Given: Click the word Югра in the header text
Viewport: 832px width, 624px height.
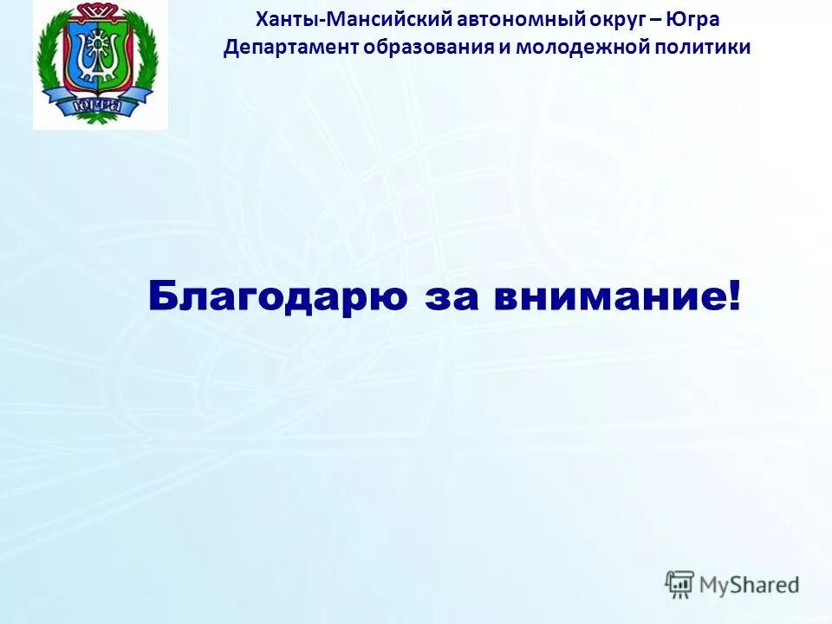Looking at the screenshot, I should point(692,20).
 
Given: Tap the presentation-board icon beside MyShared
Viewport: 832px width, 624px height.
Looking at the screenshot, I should point(680,584).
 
